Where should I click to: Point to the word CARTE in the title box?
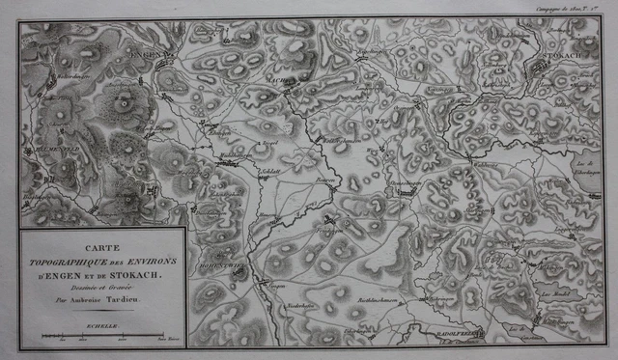(x=101, y=247)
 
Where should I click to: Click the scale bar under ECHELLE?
(x=101, y=337)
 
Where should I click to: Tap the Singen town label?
(x=277, y=287)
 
